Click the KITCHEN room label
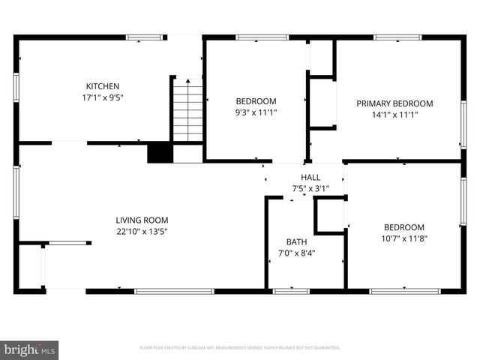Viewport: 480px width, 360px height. point(102,86)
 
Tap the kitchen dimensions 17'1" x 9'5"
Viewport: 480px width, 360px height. point(102,97)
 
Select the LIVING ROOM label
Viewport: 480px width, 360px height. point(141,220)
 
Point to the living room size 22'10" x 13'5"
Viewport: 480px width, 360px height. point(141,232)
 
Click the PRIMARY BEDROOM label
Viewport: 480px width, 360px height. point(394,103)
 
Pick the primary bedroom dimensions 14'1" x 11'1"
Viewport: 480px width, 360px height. point(394,115)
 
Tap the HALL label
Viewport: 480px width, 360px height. point(310,178)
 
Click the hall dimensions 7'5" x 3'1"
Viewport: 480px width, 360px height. point(310,189)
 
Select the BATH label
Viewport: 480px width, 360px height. point(296,241)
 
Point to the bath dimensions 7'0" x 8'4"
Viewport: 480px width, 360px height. point(296,253)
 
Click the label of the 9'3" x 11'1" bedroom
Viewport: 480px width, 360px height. point(256,101)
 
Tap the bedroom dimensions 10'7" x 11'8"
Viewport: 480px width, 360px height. point(404,238)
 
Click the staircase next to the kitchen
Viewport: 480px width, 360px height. point(188,112)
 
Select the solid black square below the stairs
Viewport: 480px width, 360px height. point(160,153)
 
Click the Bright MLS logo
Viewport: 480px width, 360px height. point(30,349)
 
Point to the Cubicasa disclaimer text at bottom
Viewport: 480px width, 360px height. point(240,348)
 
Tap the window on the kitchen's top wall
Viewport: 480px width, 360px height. point(145,37)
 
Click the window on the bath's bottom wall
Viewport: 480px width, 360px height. point(291,290)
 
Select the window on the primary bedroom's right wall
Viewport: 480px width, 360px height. point(463,124)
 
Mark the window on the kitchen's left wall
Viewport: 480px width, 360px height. point(16,87)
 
